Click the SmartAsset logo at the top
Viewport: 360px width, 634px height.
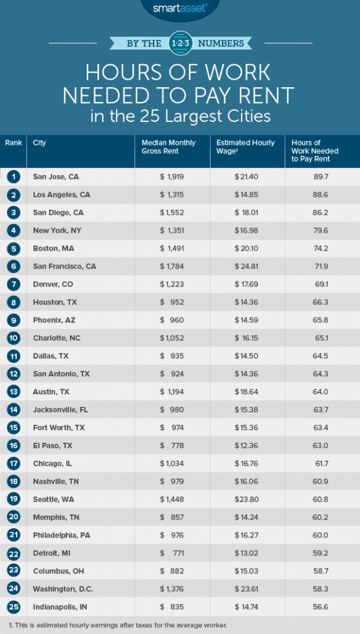[180, 7]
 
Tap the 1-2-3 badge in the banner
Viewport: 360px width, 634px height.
[180, 43]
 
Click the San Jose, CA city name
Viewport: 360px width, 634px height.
[56, 176]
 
